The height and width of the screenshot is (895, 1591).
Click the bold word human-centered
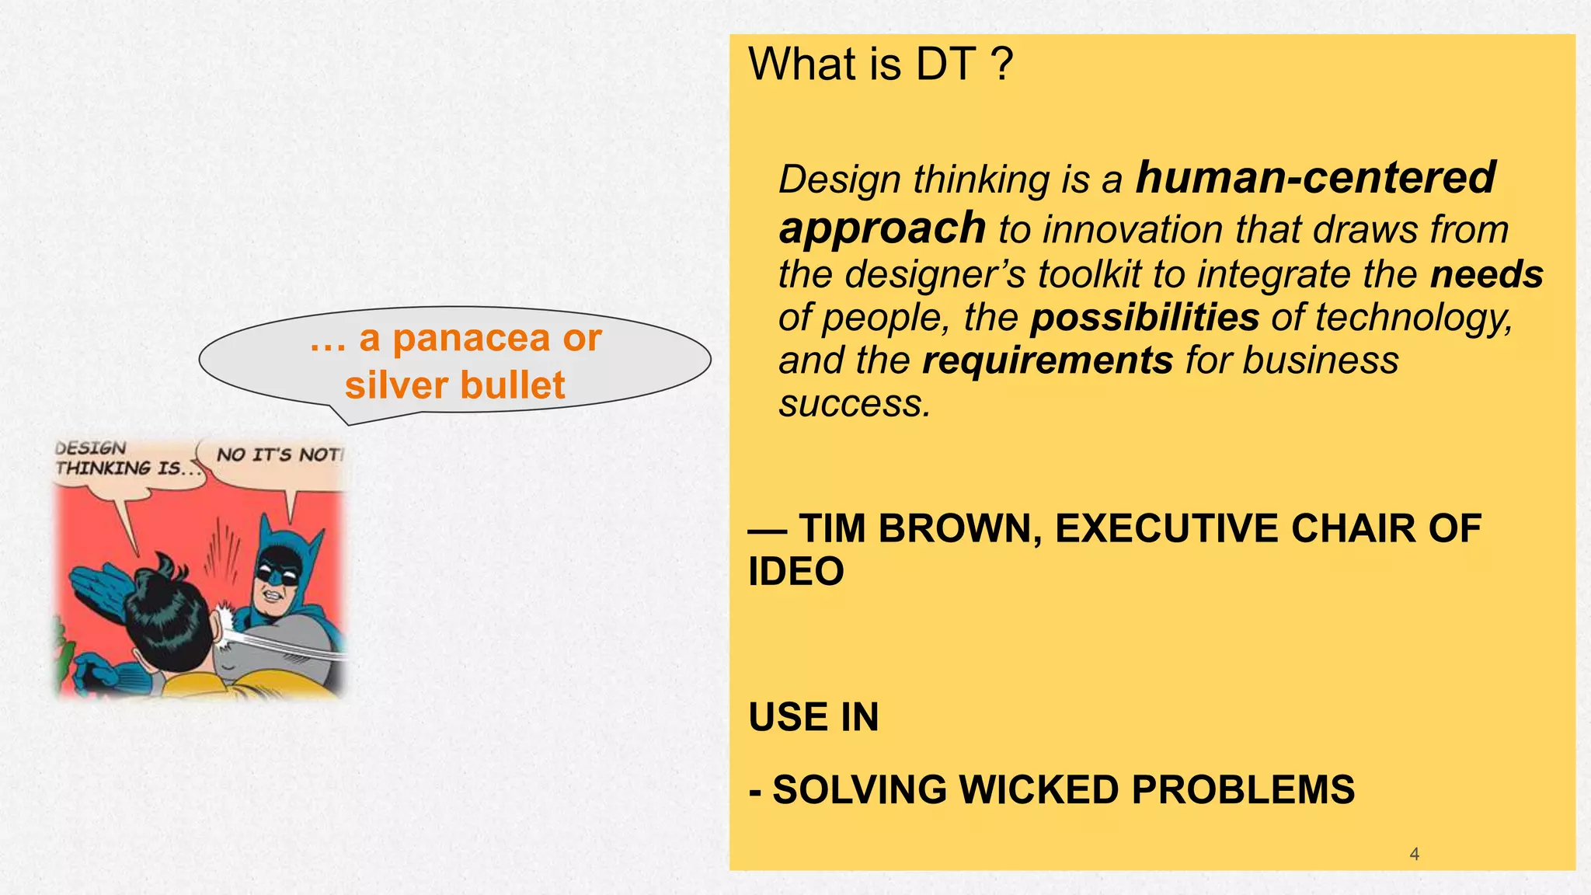(1314, 177)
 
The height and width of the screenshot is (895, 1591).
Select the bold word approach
(882, 228)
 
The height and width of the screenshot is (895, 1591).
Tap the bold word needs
(1486, 274)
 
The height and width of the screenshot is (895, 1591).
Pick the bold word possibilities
(1144, 318)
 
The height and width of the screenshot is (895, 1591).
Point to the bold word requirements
(1047, 360)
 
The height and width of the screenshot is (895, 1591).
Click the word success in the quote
(853, 403)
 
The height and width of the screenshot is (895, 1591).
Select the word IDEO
(795, 572)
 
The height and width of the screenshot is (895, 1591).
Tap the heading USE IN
(813, 717)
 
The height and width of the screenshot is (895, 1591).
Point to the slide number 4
(1414, 854)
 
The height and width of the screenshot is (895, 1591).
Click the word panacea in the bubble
(470, 338)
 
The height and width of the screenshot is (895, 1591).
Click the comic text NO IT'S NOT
(278, 455)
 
